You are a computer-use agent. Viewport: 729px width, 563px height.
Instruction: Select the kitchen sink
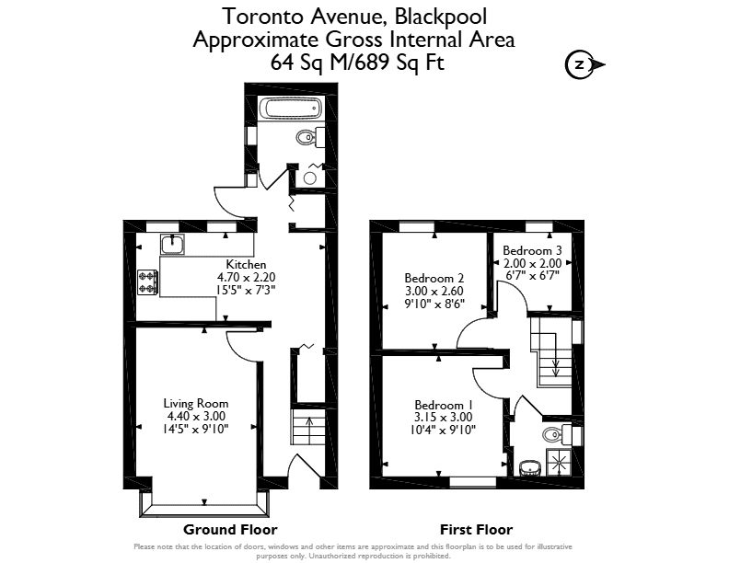click(172, 245)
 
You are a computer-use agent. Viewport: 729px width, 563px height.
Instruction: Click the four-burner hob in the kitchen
click(148, 282)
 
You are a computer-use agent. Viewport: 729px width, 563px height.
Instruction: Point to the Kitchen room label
click(246, 264)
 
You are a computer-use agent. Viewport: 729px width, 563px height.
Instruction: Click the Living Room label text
click(196, 403)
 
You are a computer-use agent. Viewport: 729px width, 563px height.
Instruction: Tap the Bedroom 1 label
click(439, 405)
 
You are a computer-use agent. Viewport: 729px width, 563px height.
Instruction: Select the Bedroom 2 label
click(434, 278)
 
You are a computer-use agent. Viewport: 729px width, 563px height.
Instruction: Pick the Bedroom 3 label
click(532, 250)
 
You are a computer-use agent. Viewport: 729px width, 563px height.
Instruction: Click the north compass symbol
click(584, 64)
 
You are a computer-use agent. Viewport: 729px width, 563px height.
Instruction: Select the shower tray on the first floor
click(560, 462)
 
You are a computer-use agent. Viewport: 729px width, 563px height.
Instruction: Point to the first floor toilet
click(557, 435)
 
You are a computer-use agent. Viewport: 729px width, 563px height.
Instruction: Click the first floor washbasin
click(529, 467)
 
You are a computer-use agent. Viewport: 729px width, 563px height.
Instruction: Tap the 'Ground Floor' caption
click(230, 530)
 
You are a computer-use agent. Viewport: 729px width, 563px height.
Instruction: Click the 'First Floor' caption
click(476, 530)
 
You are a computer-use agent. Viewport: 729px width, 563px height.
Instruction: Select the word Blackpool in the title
click(441, 17)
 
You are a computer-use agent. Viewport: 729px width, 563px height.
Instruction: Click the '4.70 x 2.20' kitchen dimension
click(246, 277)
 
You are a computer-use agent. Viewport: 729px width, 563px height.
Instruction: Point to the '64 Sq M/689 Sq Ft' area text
click(357, 62)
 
